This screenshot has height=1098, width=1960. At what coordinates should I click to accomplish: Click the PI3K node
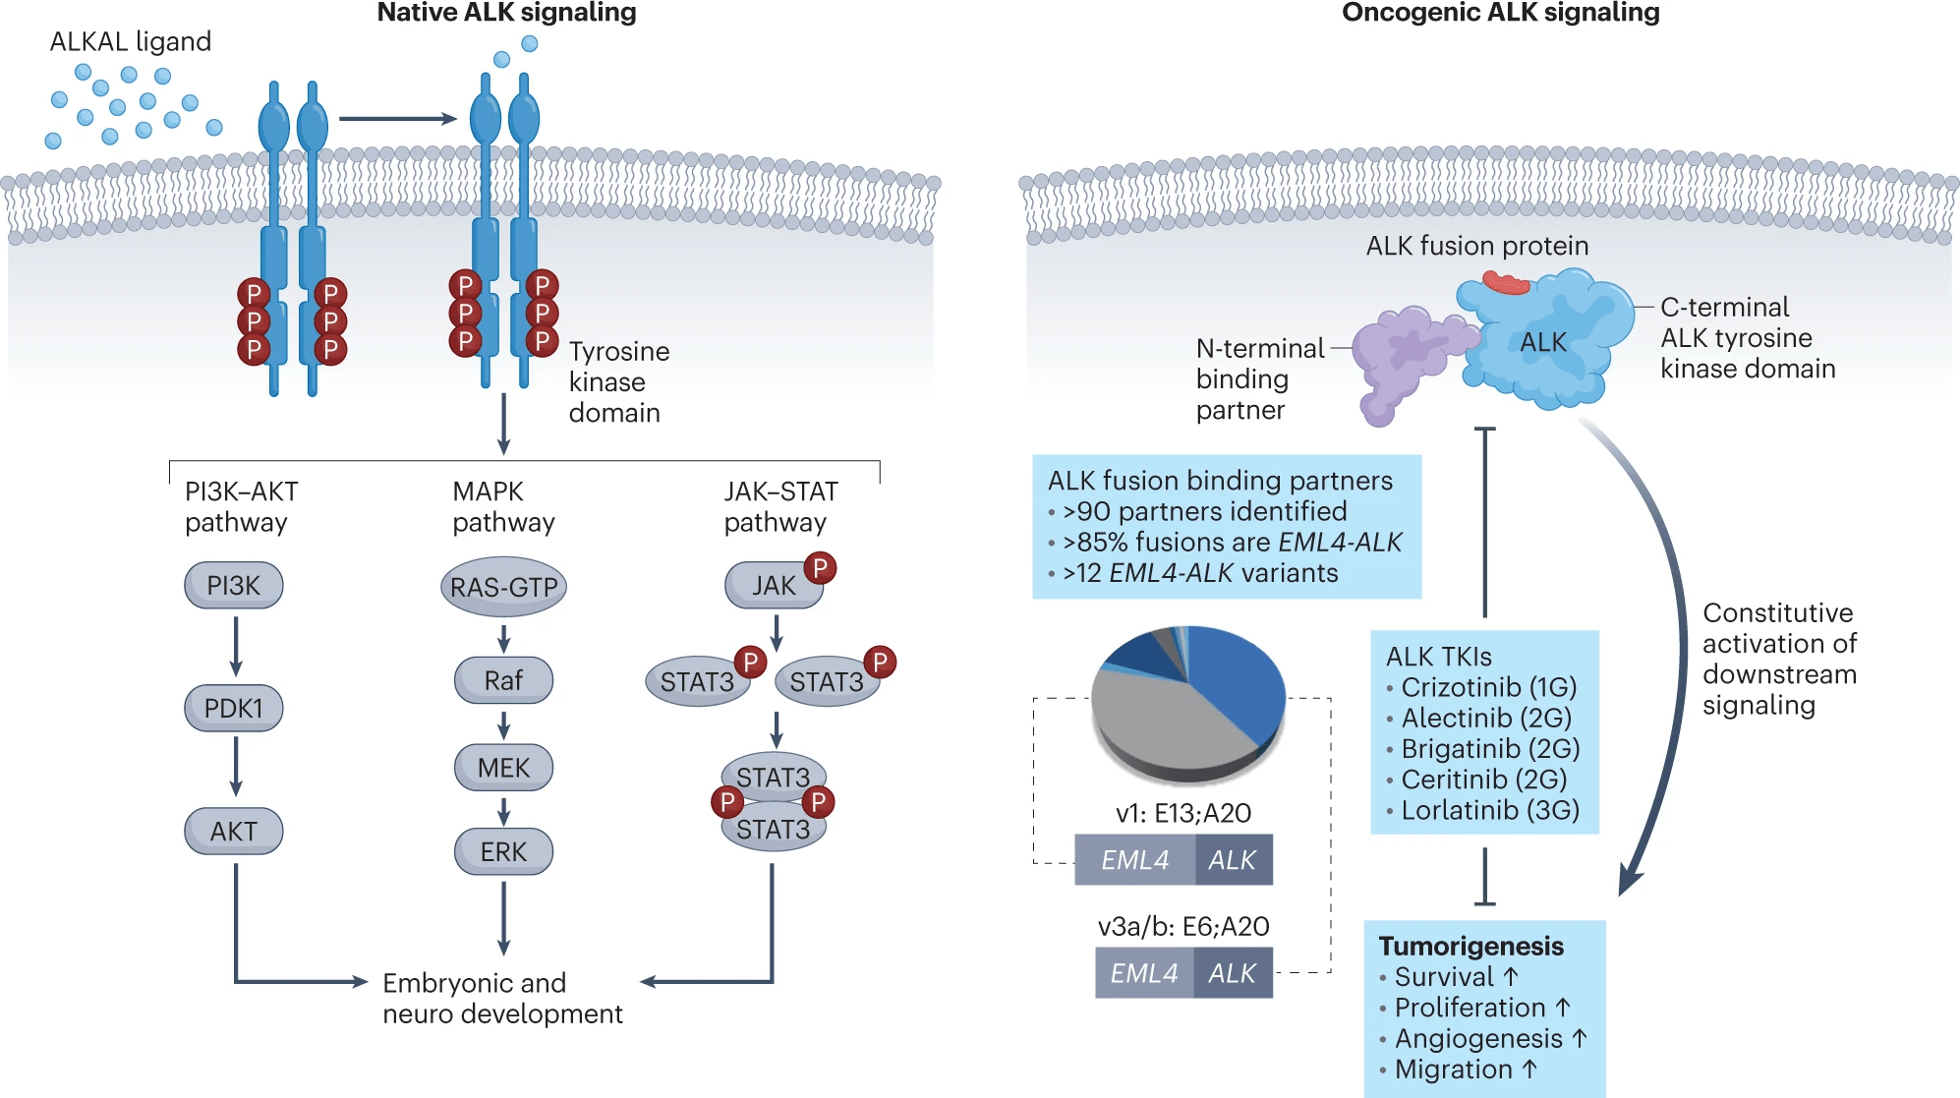[234, 586]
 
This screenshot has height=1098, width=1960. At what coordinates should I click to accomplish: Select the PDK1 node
[234, 708]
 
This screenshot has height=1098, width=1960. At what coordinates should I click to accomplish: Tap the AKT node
[234, 832]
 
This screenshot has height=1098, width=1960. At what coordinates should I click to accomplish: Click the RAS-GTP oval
[503, 588]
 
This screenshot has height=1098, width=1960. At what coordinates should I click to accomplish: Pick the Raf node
[503, 680]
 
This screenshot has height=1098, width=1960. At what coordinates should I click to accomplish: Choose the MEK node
[503, 768]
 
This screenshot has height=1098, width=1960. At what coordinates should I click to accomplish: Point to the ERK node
[503, 851]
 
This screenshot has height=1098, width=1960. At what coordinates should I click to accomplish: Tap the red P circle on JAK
[820, 567]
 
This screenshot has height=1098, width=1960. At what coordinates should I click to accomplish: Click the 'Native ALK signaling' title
[506, 13]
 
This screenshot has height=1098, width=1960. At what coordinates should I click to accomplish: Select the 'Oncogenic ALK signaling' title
[1500, 13]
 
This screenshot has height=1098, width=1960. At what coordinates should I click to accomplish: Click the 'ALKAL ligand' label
[131, 41]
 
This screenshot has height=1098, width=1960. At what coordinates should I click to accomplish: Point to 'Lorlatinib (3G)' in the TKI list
[1490, 810]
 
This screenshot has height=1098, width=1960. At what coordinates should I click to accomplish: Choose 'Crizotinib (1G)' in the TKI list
[1488, 687]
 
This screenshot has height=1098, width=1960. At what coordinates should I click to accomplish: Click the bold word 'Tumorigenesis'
[1470, 946]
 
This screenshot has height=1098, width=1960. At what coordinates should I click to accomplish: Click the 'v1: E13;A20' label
[1183, 813]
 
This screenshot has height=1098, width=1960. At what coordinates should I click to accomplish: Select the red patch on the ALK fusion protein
[1506, 284]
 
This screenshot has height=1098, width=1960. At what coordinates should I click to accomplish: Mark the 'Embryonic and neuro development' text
[501, 998]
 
